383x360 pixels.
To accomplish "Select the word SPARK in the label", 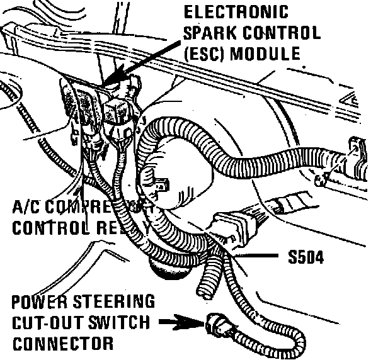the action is (x=208, y=33).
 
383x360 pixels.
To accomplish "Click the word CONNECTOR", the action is (x=62, y=344).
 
